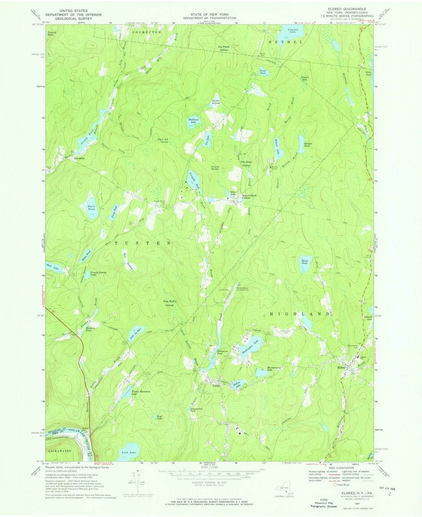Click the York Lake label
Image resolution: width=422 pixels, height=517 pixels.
click(x=127, y=453)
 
